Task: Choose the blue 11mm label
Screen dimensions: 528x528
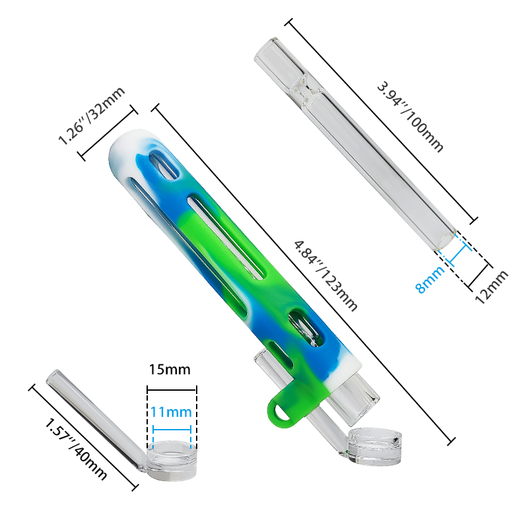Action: [171, 412]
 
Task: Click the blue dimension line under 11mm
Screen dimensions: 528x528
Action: [171, 428]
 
